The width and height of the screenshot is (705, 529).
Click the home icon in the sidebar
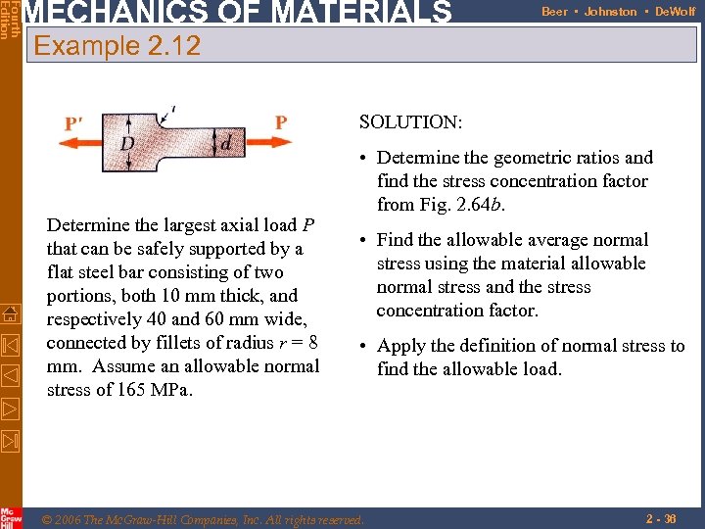tap(11, 314)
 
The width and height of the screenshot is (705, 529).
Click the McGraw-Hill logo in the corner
tap(11, 517)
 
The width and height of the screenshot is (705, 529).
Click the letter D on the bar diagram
tap(127, 144)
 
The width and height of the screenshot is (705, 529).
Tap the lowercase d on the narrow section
tap(227, 143)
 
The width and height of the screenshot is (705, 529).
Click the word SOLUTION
tap(410, 122)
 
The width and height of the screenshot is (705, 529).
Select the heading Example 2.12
tap(117, 45)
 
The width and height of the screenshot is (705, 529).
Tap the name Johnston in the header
tap(610, 12)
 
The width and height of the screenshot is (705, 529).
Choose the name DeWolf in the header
tap(675, 12)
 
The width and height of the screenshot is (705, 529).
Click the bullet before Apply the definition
tap(363, 347)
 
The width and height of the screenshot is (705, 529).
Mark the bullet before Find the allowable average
tap(363, 241)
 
